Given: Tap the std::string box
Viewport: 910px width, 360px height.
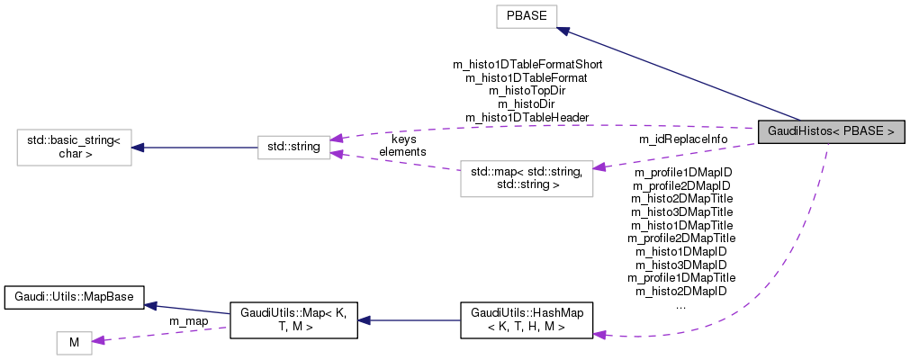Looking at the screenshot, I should point(294,145).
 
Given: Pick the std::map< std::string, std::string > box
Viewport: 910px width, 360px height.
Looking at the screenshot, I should point(527,179).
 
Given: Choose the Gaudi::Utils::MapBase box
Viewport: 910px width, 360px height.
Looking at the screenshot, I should point(76,295).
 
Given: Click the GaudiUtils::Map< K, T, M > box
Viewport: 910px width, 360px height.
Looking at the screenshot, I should point(294,320).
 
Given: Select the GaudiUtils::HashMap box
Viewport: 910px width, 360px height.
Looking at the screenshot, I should point(527,320).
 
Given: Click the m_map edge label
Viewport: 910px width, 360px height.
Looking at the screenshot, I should point(189,321).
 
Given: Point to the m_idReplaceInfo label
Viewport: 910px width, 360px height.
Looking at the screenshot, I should point(682,139).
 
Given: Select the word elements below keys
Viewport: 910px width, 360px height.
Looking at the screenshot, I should point(402,152).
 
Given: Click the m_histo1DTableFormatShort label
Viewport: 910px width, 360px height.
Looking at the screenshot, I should point(527,65).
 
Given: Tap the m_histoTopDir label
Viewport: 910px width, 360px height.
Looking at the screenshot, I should point(527,91).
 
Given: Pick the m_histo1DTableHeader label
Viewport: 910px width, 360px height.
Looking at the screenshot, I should point(527,117).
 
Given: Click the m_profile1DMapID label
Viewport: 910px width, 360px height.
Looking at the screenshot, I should point(682,172).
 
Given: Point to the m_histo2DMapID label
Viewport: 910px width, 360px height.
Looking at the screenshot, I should point(681,291).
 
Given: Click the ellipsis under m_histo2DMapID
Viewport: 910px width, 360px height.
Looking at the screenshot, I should point(681,304).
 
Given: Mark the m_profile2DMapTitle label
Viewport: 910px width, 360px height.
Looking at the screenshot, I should point(681,238).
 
